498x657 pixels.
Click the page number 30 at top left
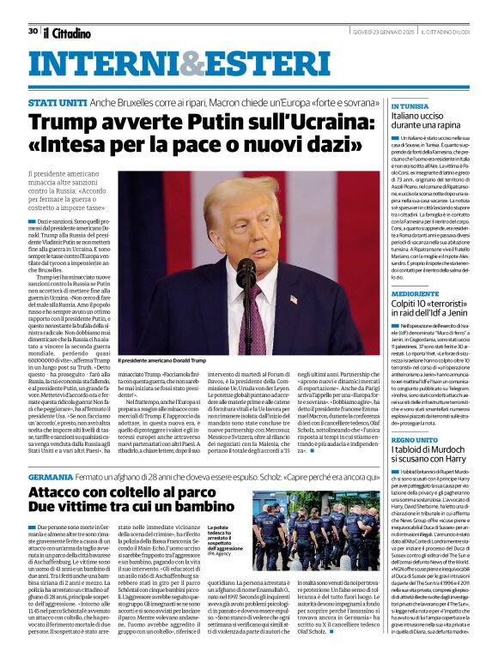pyautogui.click(x=33, y=31)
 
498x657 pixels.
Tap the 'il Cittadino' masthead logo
pyautogui.click(x=67, y=33)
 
